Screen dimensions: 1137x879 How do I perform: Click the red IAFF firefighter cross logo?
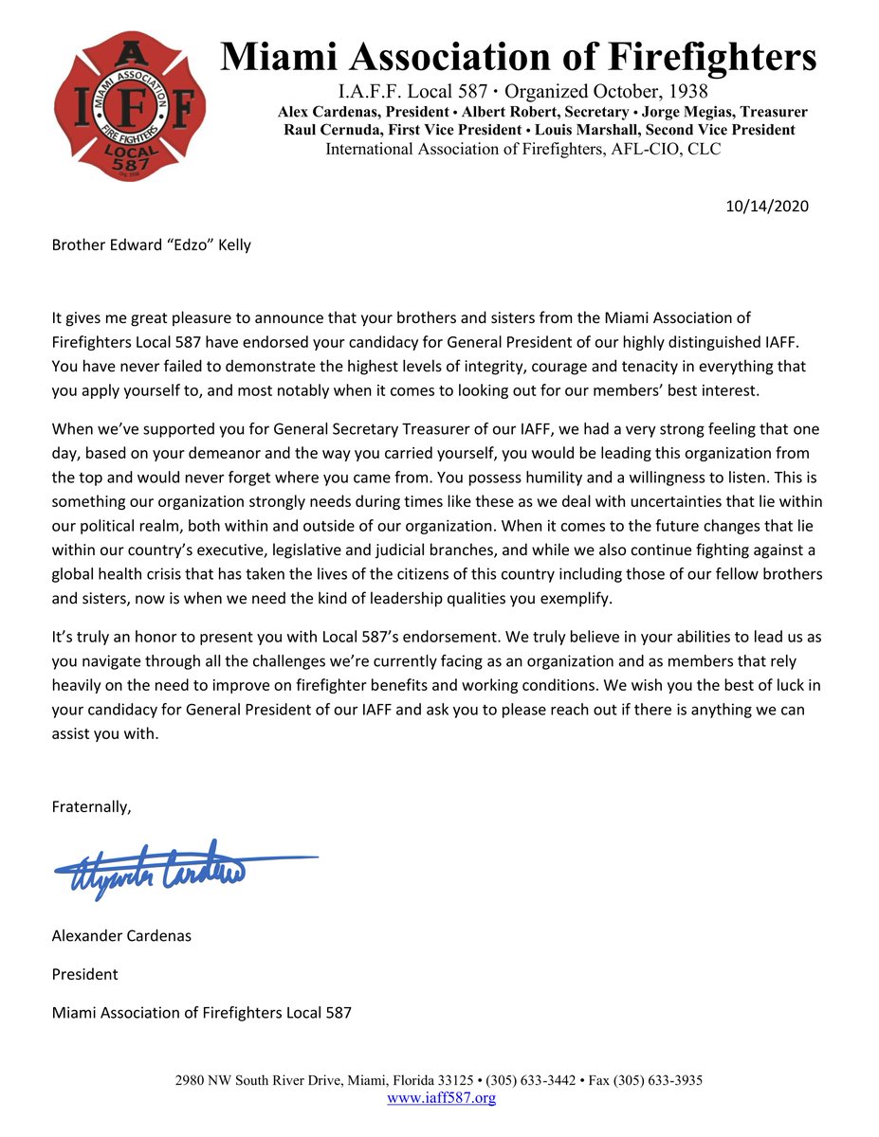129,107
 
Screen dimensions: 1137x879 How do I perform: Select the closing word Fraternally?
91,806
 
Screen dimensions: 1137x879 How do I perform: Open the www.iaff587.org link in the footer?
442,1098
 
